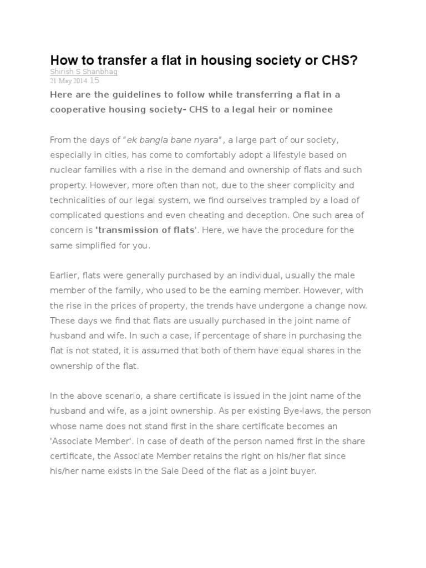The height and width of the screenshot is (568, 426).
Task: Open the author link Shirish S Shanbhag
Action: [84, 72]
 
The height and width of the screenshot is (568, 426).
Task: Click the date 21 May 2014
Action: [68, 81]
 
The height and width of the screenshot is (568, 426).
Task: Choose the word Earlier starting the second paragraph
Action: [65, 276]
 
